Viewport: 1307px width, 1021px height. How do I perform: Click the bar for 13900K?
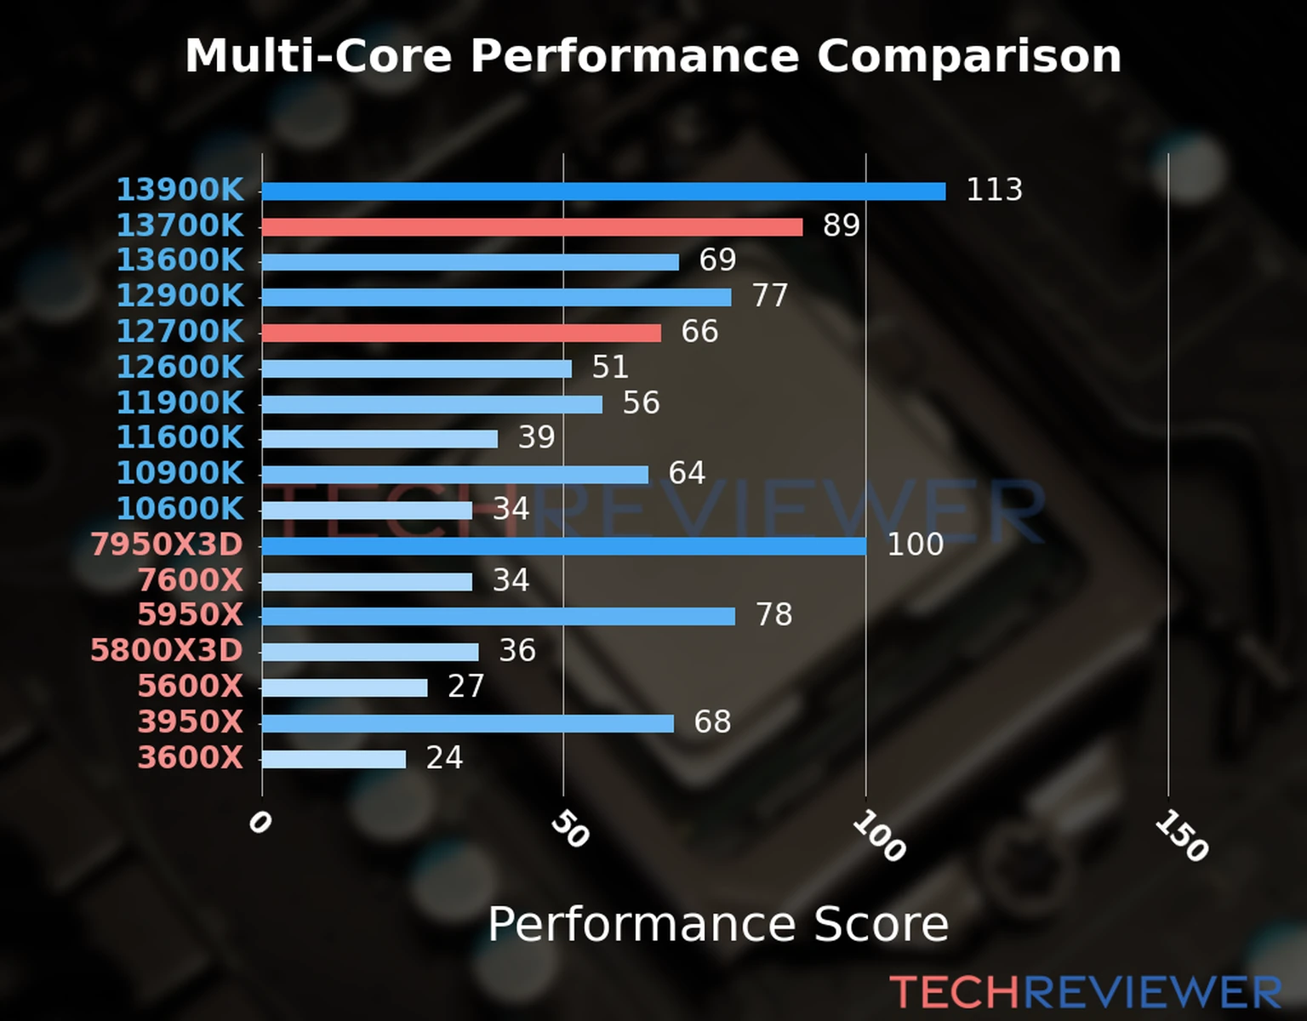(x=603, y=191)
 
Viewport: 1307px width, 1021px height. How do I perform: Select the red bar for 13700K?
(x=532, y=227)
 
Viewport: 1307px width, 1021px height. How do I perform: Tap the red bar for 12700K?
(x=461, y=333)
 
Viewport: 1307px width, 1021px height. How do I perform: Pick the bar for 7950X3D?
(x=564, y=546)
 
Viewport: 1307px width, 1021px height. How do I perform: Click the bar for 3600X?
(x=334, y=759)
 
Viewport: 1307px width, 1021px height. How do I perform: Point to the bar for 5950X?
(x=499, y=616)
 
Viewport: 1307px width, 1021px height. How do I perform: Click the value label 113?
(x=994, y=190)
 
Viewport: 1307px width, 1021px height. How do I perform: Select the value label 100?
(x=915, y=545)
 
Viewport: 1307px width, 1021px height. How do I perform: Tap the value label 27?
(x=465, y=687)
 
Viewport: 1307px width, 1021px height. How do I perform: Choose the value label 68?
(x=712, y=722)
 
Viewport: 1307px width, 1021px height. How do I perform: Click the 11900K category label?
(x=180, y=402)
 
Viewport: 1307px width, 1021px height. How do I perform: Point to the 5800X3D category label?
(x=167, y=651)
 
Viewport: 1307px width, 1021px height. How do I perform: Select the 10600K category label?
(x=180, y=509)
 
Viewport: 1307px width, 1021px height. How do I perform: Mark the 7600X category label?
(x=191, y=580)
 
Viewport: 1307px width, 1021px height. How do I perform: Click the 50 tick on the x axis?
(x=569, y=830)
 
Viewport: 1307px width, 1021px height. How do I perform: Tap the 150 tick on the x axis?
(x=1181, y=836)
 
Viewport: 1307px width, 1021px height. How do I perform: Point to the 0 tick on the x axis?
(x=260, y=823)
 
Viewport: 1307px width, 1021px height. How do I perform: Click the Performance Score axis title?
(x=717, y=924)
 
